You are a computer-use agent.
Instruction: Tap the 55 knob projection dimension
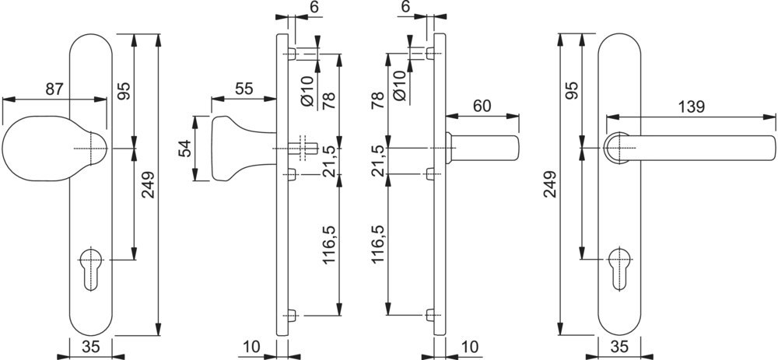coord(244,89)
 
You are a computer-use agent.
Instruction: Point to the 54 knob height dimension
coord(185,148)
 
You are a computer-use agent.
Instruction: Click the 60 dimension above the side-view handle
coord(482,106)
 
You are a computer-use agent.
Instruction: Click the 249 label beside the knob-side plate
coord(147,183)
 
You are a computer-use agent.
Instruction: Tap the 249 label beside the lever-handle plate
coord(549,183)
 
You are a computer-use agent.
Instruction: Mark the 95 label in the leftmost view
coord(123,91)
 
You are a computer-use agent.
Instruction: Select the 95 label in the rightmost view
coord(572,91)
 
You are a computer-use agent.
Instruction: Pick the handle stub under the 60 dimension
coord(486,148)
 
